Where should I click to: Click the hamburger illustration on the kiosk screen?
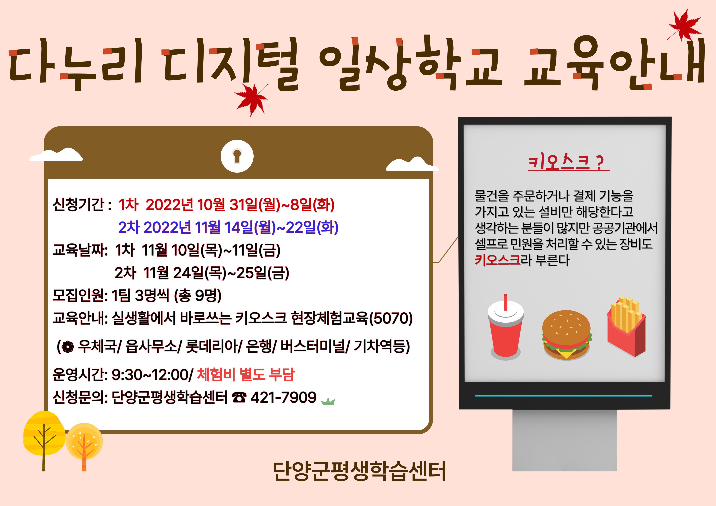tap(567, 335)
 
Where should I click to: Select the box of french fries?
tap(626, 326)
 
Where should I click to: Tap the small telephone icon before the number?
tap(239, 398)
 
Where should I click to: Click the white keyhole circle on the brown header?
tap(237, 156)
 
